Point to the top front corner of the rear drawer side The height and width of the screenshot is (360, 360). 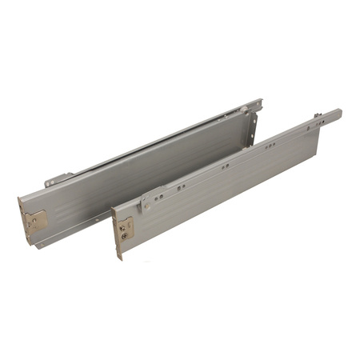19,195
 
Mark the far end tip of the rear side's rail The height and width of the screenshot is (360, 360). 260,102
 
